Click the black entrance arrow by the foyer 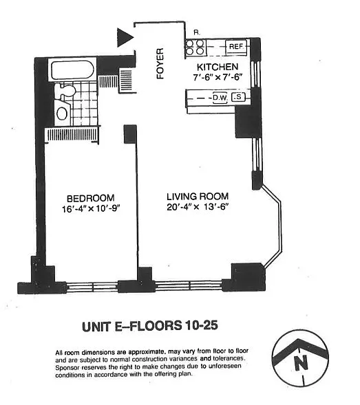pos(125,37)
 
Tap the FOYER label pos(160,63)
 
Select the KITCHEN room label pos(218,67)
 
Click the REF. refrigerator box pos(236,47)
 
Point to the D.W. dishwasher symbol pos(220,98)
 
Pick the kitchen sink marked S pos(238,97)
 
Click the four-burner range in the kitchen pos(195,47)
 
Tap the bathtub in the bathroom pos(72,70)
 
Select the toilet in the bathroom pos(67,91)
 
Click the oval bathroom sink pos(62,113)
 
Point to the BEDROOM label pos(91,198)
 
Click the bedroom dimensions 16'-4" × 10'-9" pos(92,209)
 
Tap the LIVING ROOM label pos(198,197)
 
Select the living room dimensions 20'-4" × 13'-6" pos(198,207)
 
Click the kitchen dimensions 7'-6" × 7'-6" pos(218,77)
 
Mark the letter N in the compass pos(301,362)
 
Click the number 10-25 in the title pos(202,325)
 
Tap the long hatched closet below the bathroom pos(72,135)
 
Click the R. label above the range pos(197,32)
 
